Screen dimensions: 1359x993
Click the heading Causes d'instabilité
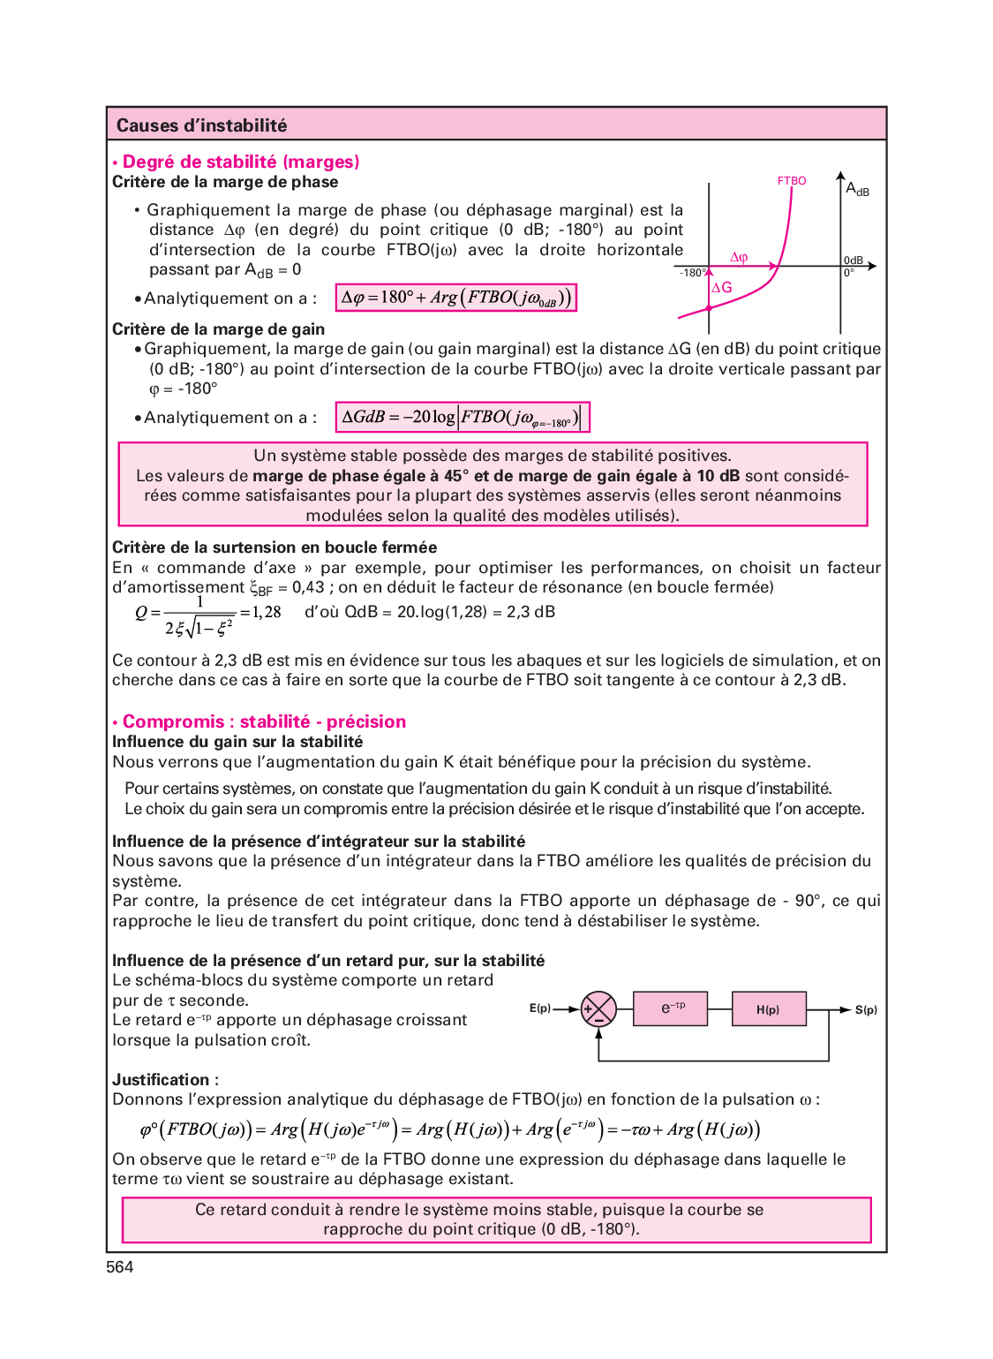click(201, 125)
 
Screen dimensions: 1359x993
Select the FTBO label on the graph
click(792, 181)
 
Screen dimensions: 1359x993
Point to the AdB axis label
click(857, 189)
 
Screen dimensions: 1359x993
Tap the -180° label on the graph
click(692, 273)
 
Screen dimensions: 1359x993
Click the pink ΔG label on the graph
click(722, 288)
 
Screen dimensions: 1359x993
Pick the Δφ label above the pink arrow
click(739, 257)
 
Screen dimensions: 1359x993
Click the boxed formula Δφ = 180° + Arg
click(456, 298)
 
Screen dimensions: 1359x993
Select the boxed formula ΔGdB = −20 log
click(462, 417)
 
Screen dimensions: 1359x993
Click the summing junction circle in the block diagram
click(598, 1009)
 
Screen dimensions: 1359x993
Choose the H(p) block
click(768, 1009)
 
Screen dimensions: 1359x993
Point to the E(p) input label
click(539, 1008)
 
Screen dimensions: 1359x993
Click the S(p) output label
click(866, 1009)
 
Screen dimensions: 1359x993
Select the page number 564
click(120, 1267)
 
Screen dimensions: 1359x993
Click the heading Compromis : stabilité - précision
click(264, 721)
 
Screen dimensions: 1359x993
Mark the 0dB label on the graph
click(854, 260)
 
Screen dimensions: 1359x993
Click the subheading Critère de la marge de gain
click(218, 329)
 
